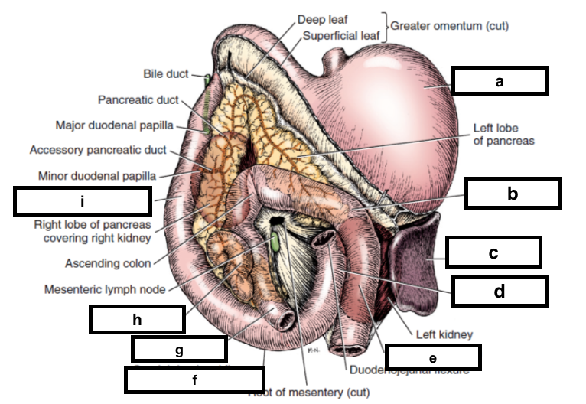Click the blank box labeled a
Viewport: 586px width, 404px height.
tap(500, 81)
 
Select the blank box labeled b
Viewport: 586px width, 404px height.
tap(513, 193)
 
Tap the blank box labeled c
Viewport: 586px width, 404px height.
tap(493, 252)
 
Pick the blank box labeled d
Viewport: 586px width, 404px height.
tap(499, 291)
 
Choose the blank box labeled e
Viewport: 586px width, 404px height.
tap(433, 357)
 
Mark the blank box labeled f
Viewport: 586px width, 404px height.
tap(194, 380)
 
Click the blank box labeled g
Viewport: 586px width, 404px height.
tap(179, 349)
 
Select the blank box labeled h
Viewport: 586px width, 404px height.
tap(137, 320)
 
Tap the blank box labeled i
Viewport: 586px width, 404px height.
tap(82, 200)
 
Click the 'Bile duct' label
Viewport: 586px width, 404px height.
tap(166, 74)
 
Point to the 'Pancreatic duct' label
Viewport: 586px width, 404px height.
tap(138, 99)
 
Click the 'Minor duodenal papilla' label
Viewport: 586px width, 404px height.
tap(97, 176)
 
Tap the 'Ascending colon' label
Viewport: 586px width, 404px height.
tap(108, 264)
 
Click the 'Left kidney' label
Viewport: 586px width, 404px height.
tap(444, 334)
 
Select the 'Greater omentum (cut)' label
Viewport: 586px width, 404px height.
tap(449, 26)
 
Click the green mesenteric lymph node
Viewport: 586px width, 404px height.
tap(273, 243)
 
